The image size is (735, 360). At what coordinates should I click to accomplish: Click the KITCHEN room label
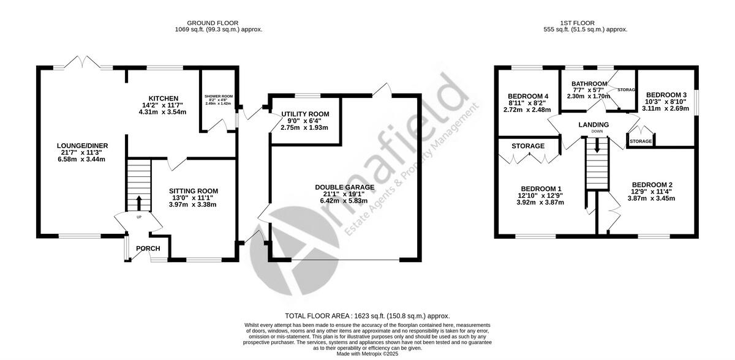click(162, 99)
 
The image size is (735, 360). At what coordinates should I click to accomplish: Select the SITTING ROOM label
click(194, 191)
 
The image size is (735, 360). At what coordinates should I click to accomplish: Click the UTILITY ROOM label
click(305, 114)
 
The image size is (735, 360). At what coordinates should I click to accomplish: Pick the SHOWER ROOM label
click(219, 97)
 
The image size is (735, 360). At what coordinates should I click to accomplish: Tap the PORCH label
click(148, 248)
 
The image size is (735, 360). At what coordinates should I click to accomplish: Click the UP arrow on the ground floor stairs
click(138, 202)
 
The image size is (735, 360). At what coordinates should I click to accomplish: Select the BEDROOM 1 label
click(541, 189)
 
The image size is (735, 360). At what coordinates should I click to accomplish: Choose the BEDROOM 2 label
click(652, 185)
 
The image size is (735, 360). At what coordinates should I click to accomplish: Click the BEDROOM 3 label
click(666, 95)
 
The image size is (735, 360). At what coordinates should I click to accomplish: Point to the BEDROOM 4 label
click(527, 97)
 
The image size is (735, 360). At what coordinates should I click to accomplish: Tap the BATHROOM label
click(589, 84)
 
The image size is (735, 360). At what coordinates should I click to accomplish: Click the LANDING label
click(594, 125)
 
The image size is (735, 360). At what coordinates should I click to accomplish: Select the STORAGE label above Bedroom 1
click(528, 146)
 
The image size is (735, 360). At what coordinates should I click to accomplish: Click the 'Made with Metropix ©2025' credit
click(367, 353)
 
